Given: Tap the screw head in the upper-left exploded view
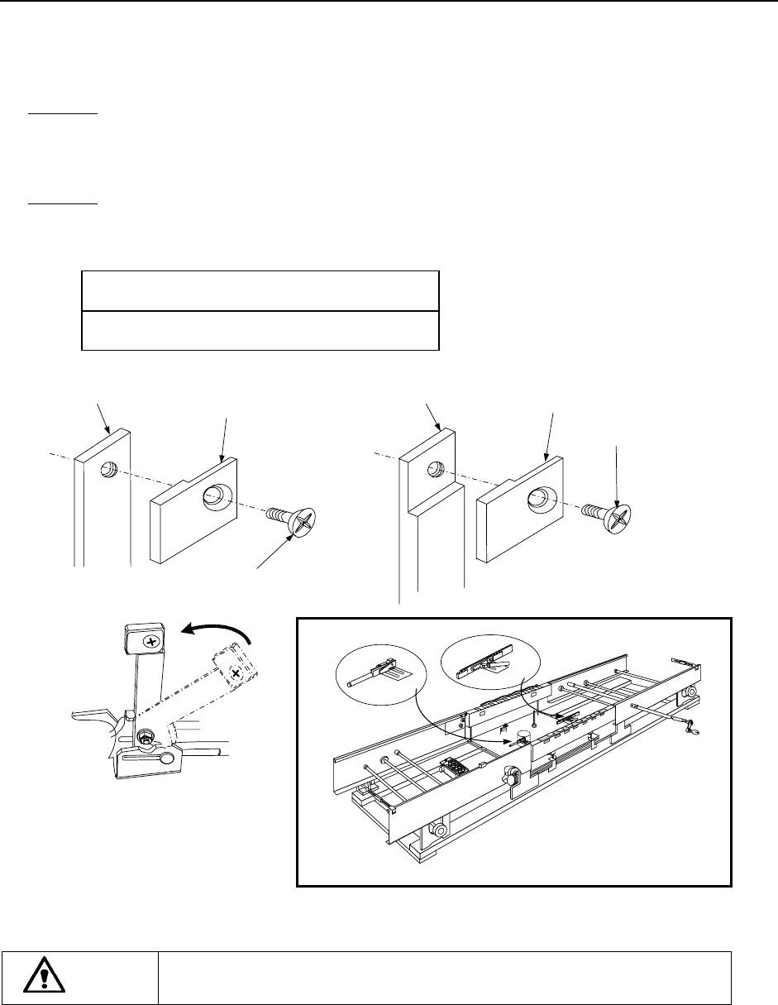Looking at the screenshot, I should pos(303,522).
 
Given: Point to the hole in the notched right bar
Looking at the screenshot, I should pos(432,470).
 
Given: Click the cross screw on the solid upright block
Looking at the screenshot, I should pos(150,642).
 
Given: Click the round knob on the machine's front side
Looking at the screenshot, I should pos(510,776).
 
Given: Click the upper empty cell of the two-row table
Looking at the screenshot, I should pos(259,290).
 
